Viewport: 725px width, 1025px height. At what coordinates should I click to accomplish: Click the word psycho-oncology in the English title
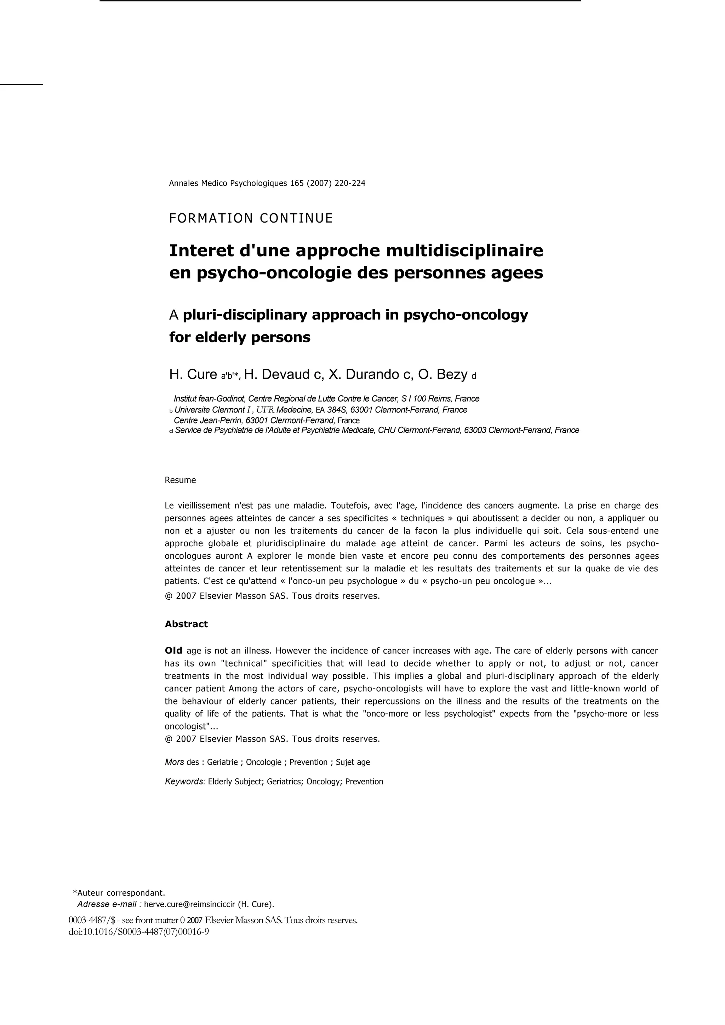click(x=466, y=315)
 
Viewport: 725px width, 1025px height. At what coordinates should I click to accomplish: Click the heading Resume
click(x=180, y=480)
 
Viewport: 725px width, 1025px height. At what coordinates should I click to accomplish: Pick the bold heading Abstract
click(x=186, y=624)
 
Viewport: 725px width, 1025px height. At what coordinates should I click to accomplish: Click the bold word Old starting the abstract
click(x=173, y=651)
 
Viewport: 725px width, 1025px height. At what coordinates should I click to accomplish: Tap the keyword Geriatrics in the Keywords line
click(x=285, y=782)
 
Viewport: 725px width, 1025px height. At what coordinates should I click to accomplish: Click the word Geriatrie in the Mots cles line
click(x=222, y=762)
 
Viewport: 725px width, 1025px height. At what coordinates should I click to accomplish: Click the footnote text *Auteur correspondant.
click(x=119, y=893)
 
